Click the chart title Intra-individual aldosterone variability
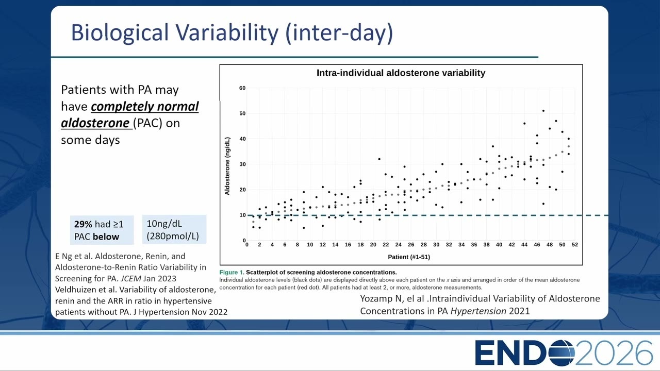pos(401,73)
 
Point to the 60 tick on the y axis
pos(242,88)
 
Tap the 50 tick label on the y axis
pos(242,113)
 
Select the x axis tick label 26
pos(411,245)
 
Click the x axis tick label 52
pos(575,245)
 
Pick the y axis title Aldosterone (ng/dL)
pos(227,166)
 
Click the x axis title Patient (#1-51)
pos(409,257)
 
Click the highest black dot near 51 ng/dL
pos(543,111)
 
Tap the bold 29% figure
pos(83,224)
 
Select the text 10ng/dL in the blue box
pos(164,224)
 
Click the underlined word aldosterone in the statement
pos(95,123)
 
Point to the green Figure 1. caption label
pos(232,273)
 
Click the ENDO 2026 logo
pos(563,353)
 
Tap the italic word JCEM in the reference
pos(131,279)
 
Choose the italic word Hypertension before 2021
pos(478,311)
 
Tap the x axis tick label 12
pos(323,245)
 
